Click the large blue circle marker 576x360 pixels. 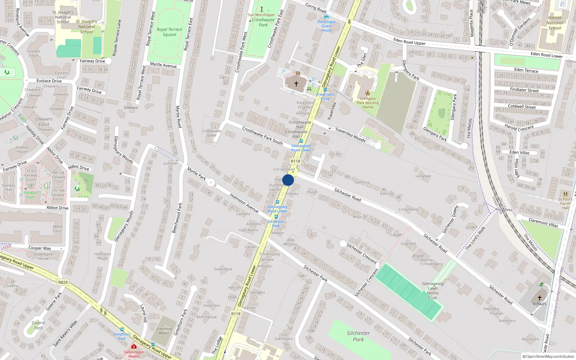[288, 180]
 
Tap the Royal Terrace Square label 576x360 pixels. [169, 32]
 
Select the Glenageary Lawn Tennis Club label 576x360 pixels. [432, 291]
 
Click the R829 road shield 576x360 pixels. [63, 282]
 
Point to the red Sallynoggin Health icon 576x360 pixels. [134, 347]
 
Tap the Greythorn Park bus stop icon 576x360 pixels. [122, 329]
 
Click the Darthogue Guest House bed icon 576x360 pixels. [326, 17]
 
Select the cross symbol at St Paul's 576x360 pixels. [539, 298]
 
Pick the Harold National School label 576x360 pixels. [554, 23]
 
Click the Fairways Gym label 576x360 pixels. [31, 195]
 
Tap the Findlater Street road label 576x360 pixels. [524, 90]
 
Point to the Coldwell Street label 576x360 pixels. [522, 107]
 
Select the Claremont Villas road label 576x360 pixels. [543, 222]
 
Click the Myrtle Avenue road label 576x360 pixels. [163, 65]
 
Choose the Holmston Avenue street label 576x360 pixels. [244, 202]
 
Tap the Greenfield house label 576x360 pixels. [223, 269]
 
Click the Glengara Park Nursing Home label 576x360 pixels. [368, 103]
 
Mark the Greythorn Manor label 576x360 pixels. [164, 331]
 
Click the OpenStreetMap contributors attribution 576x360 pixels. [548, 356]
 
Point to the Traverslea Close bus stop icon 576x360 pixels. [325, 90]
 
